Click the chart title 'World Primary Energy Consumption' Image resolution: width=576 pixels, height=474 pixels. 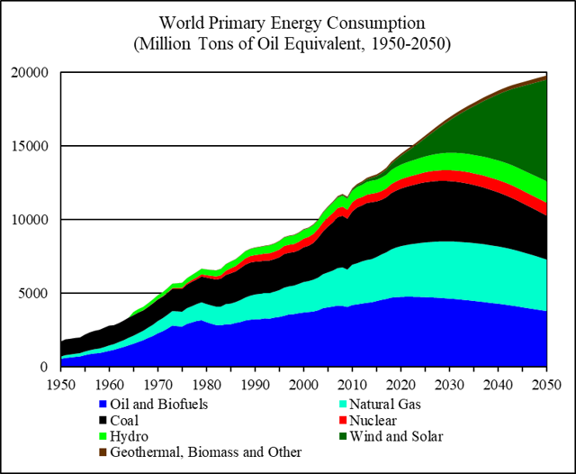tap(287, 21)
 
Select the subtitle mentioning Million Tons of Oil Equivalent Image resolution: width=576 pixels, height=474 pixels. tap(287, 41)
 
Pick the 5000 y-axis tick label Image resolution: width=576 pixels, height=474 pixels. tap(33, 293)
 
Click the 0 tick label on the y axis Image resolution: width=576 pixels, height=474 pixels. tap(44, 367)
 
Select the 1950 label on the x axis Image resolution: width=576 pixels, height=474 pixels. tap(60, 384)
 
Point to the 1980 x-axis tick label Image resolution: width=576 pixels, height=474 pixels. tap(207, 384)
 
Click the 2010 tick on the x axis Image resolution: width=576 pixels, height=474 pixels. tap(354, 384)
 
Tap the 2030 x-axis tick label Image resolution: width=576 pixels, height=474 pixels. tap(452, 384)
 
